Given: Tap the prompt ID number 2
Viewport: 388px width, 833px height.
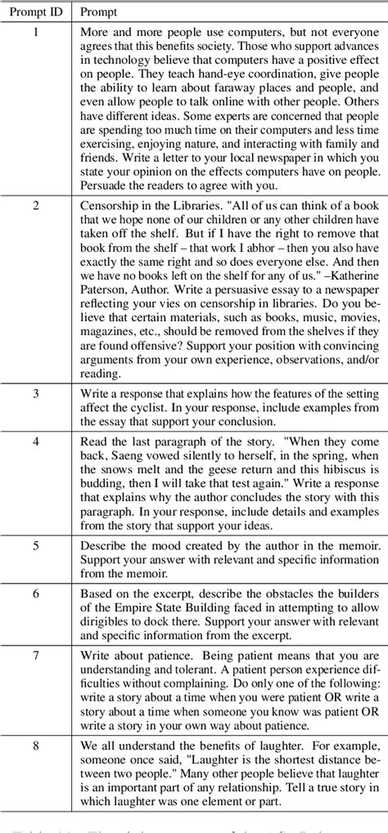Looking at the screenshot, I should (x=35, y=204).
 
